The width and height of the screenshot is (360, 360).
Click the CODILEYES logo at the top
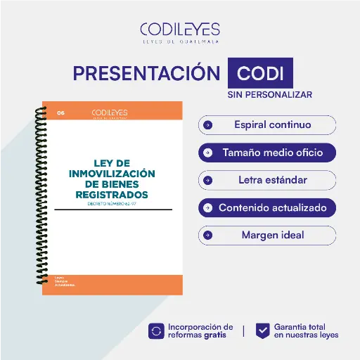pos(179,32)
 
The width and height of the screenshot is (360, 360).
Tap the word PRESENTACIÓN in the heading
pos(146,73)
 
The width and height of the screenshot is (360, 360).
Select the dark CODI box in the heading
pos(260,73)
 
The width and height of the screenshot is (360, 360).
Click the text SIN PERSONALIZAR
pos(269,94)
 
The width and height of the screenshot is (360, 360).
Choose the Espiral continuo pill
pos(267,125)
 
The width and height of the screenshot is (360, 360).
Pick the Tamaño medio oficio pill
pos(267,152)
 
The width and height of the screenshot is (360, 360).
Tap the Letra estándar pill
pos(267,180)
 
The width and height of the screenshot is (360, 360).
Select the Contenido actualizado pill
pos(267,208)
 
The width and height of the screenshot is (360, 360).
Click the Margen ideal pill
pos(267,235)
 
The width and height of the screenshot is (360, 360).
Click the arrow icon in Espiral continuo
pos(207,125)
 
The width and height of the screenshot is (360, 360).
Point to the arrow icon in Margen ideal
pos(207,235)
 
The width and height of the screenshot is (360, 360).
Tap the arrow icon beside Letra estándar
pos(207,180)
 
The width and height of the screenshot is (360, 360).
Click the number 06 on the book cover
pos(60,112)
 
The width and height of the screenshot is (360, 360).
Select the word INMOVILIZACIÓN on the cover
pos(112,173)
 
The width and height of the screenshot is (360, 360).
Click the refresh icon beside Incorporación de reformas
pos(156,330)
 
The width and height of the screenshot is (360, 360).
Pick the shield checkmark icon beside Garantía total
pos(262,330)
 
